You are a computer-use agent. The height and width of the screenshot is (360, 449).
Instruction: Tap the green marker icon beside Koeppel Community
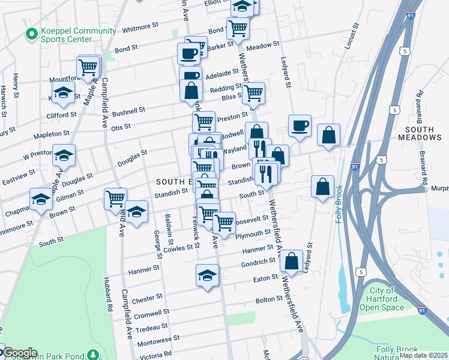29,35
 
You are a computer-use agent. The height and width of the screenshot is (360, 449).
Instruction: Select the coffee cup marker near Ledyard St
300,126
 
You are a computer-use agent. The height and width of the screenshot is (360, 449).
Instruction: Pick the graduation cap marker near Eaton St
207,275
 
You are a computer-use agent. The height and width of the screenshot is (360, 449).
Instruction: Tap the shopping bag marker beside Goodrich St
291,261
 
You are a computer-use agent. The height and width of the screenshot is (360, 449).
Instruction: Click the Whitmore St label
139,28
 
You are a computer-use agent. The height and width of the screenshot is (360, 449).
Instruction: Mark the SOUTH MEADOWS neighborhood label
423,133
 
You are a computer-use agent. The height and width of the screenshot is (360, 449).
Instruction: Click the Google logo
20,353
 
